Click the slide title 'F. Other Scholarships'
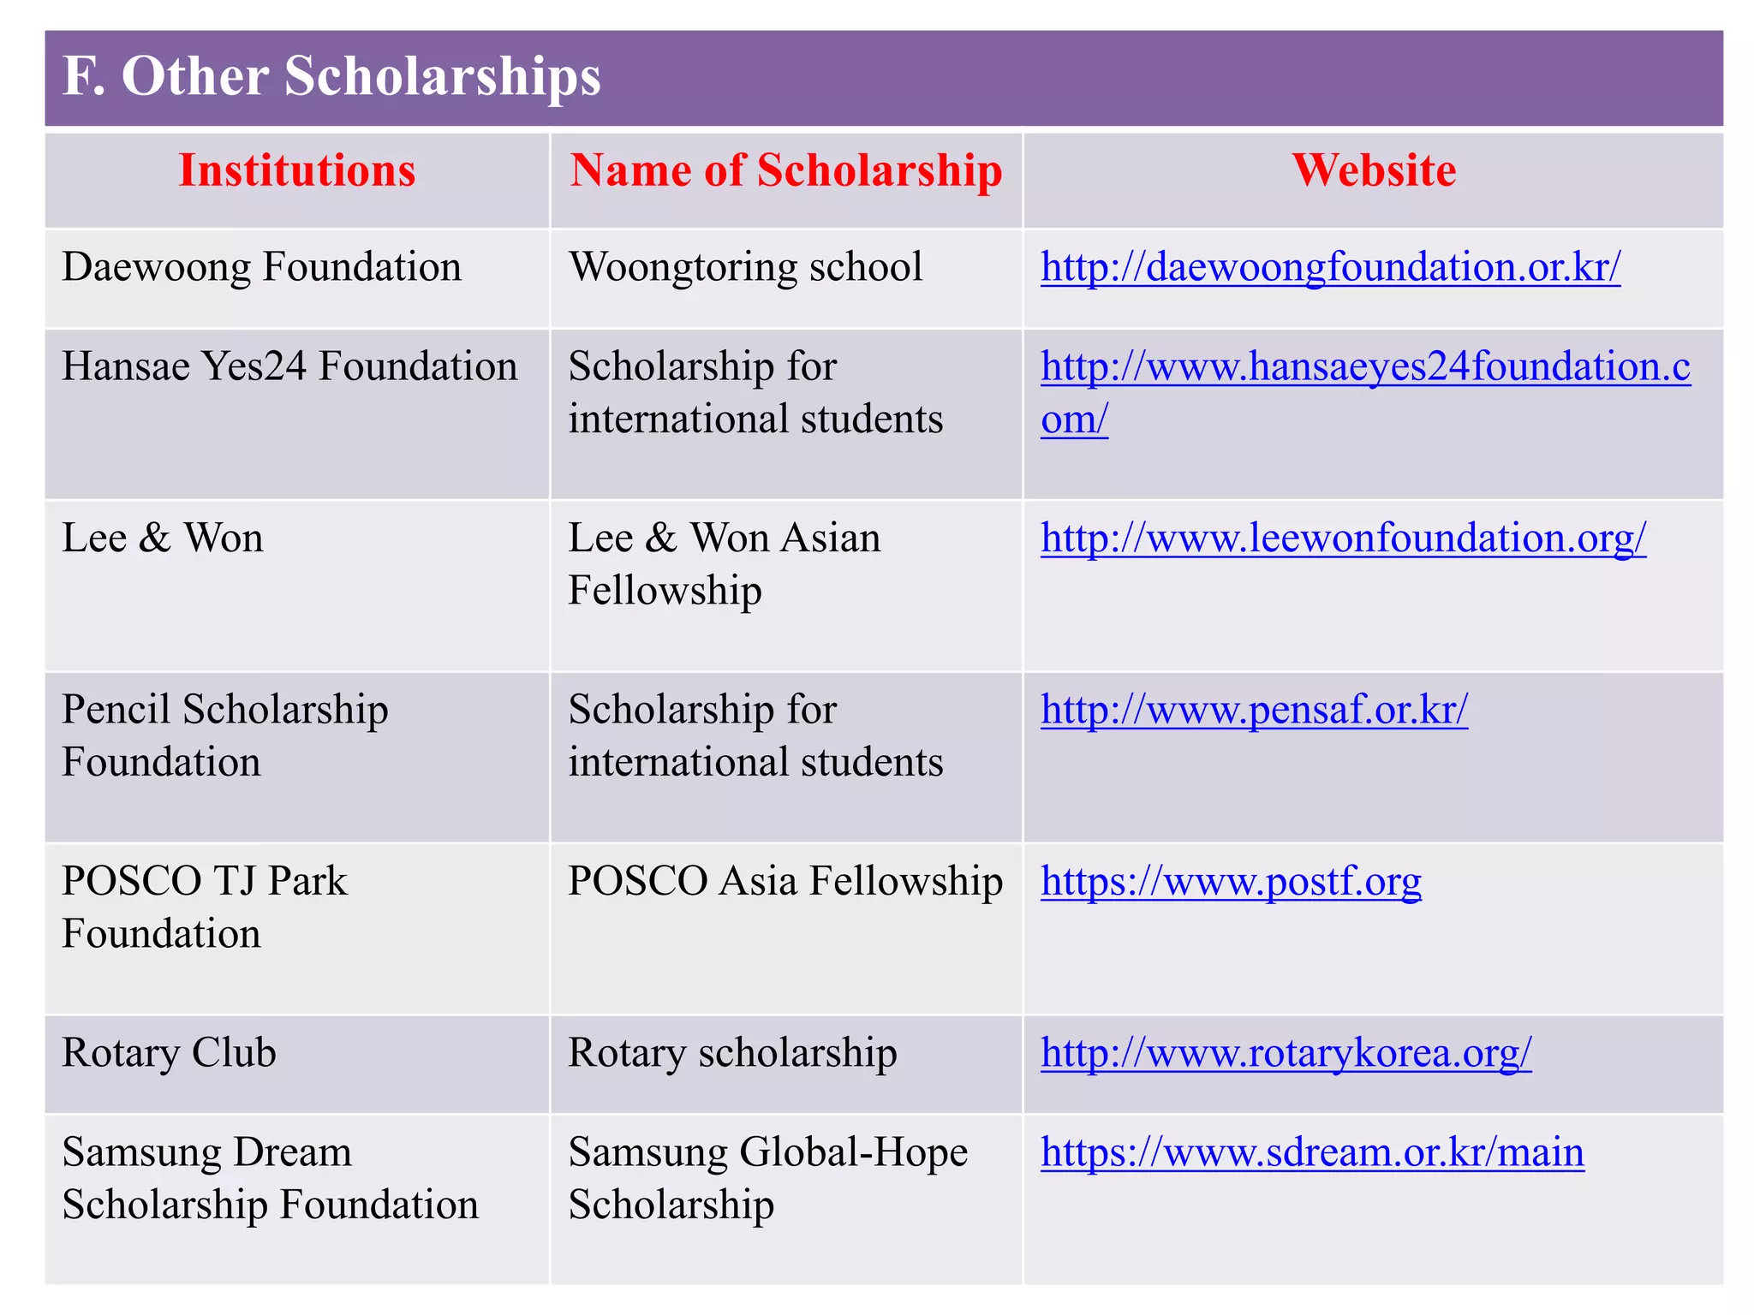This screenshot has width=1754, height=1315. (332, 76)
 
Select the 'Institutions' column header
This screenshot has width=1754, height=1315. (296, 170)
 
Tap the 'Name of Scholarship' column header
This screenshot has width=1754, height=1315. (785, 170)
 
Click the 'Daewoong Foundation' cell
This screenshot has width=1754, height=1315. (261, 267)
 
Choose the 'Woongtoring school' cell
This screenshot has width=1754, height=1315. (745, 267)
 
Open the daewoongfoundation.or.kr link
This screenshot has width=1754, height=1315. (1330, 267)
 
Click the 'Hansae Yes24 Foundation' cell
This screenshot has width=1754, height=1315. (289, 366)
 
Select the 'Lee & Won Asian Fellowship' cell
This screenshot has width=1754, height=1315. (725, 564)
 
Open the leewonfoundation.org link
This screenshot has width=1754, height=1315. (1343, 538)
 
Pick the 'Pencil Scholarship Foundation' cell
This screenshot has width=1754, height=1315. (224, 735)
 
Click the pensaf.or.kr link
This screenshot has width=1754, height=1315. (1254, 710)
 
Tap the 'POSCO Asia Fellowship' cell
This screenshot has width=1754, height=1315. (785, 881)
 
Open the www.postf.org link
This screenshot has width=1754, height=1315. (1231, 881)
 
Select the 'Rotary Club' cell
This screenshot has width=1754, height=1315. (169, 1053)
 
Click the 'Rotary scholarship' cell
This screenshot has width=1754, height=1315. (732, 1053)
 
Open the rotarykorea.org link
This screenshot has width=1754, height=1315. (1286, 1053)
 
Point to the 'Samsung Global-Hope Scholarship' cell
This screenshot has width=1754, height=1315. (767, 1178)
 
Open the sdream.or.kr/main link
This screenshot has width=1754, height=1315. (1312, 1152)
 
